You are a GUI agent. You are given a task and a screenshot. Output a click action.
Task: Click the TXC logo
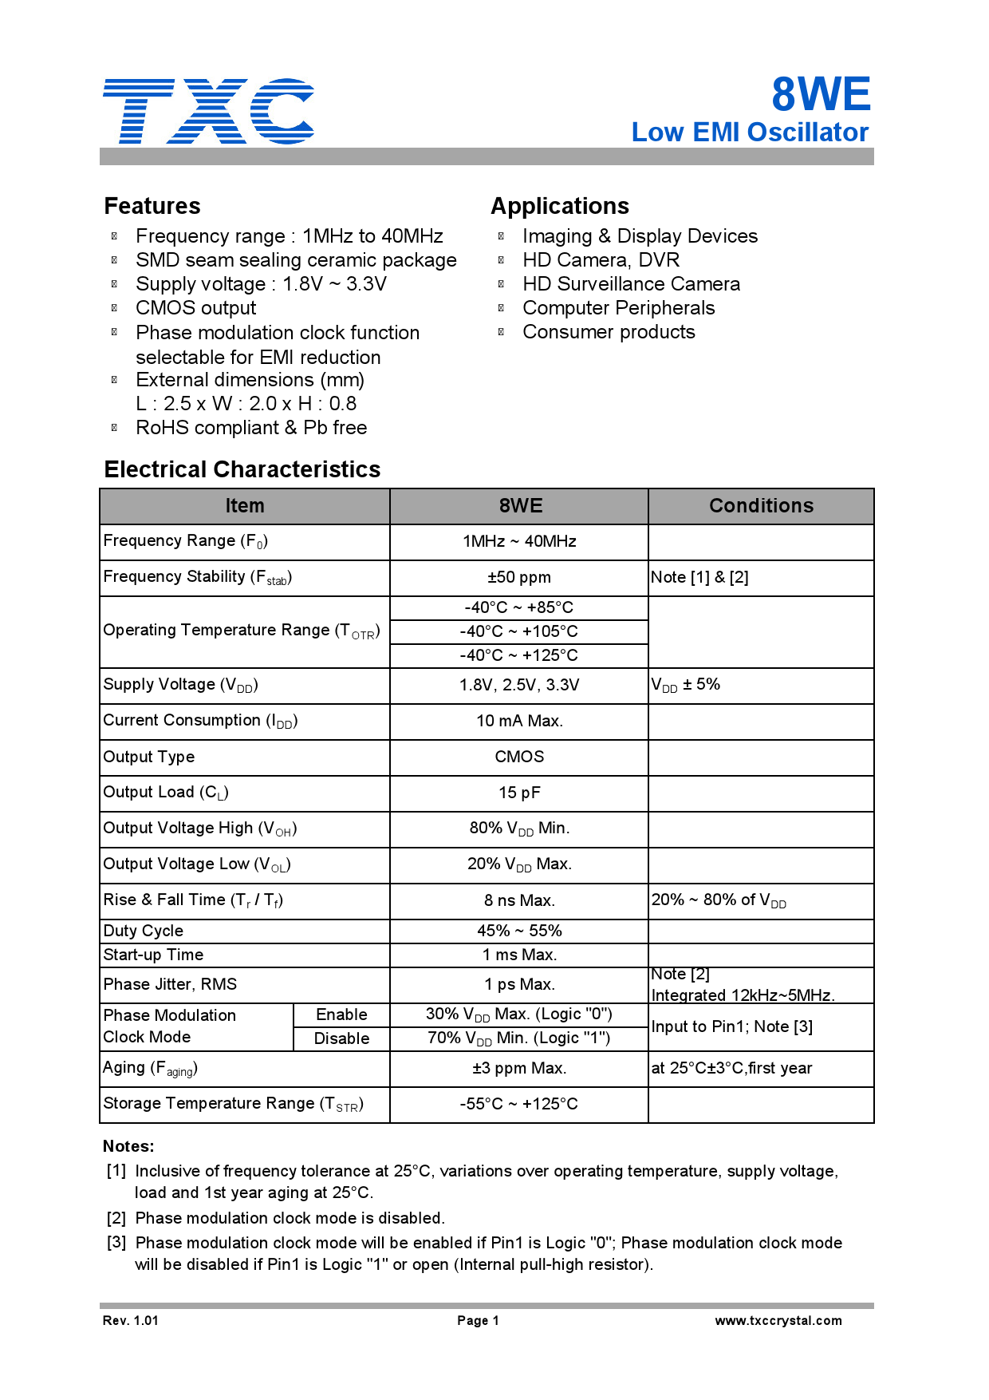tap(208, 111)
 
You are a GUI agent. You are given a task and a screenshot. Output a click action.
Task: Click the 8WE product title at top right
tap(820, 94)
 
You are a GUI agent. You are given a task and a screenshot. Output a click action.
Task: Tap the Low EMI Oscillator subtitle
tap(749, 132)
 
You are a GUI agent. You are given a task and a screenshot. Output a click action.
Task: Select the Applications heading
tap(560, 206)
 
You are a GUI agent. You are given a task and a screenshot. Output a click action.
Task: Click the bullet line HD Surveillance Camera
tap(631, 284)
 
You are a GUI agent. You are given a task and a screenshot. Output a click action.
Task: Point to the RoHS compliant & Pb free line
tap(251, 428)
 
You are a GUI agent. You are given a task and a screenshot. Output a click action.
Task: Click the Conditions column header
tap(761, 506)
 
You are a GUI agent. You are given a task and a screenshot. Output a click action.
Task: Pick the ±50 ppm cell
tap(518, 577)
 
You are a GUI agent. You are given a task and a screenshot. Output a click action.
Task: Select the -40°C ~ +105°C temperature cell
tap(518, 631)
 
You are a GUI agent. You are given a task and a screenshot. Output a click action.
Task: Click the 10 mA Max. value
tap(519, 721)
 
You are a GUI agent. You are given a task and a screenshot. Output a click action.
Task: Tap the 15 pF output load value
tap(519, 793)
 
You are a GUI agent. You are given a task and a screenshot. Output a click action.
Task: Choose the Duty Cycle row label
tap(144, 931)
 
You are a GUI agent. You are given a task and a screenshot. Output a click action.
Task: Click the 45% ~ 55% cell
tap(519, 931)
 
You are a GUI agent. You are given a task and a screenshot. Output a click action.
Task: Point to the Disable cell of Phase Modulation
tap(341, 1038)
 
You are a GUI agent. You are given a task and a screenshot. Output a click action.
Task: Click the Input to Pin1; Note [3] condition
tap(731, 1026)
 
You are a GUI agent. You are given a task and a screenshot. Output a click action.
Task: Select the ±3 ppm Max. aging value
tap(519, 1068)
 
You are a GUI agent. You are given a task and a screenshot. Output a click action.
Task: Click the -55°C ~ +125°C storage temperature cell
tap(518, 1104)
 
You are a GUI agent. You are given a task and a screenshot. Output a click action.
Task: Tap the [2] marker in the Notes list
tap(116, 1218)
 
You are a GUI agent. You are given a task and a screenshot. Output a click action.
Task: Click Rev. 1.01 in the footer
tap(131, 1320)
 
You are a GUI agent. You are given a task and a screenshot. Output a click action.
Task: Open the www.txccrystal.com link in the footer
tap(778, 1320)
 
